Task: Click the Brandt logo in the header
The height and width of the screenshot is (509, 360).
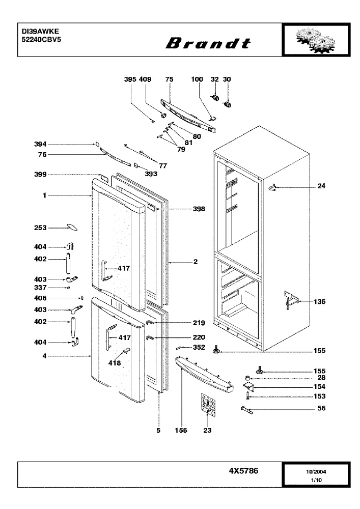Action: click(x=208, y=43)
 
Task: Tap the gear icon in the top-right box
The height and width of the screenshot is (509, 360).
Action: click(x=316, y=40)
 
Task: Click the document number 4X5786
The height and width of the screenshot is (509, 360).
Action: click(x=243, y=471)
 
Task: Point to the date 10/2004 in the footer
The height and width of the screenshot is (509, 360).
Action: click(x=316, y=472)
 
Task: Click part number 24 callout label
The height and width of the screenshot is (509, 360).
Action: click(x=321, y=186)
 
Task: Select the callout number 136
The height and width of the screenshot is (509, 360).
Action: click(x=319, y=301)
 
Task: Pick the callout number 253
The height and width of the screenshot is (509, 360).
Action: click(x=40, y=228)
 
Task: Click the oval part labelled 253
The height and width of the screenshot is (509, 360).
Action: click(x=72, y=227)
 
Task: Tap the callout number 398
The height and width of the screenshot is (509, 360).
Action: click(x=199, y=209)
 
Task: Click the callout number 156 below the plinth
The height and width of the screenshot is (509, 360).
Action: click(x=181, y=431)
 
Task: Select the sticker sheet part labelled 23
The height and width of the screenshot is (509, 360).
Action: click(x=207, y=404)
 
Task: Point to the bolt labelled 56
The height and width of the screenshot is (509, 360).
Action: click(x=247, y=410)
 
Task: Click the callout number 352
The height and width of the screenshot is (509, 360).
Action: click(x=199, y=347)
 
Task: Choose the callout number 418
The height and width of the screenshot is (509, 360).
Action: click(x=114, y=363)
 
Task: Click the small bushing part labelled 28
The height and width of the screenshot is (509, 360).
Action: click(x=247, y=378)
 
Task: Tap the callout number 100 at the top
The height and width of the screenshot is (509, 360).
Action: click(x=197, y=79)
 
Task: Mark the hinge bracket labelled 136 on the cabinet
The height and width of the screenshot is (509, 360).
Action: click(x=291, y=300)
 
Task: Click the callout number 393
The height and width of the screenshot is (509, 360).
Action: click(x=151, y=174)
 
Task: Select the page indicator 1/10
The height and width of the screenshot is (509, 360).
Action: click(x=316, y=480)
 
